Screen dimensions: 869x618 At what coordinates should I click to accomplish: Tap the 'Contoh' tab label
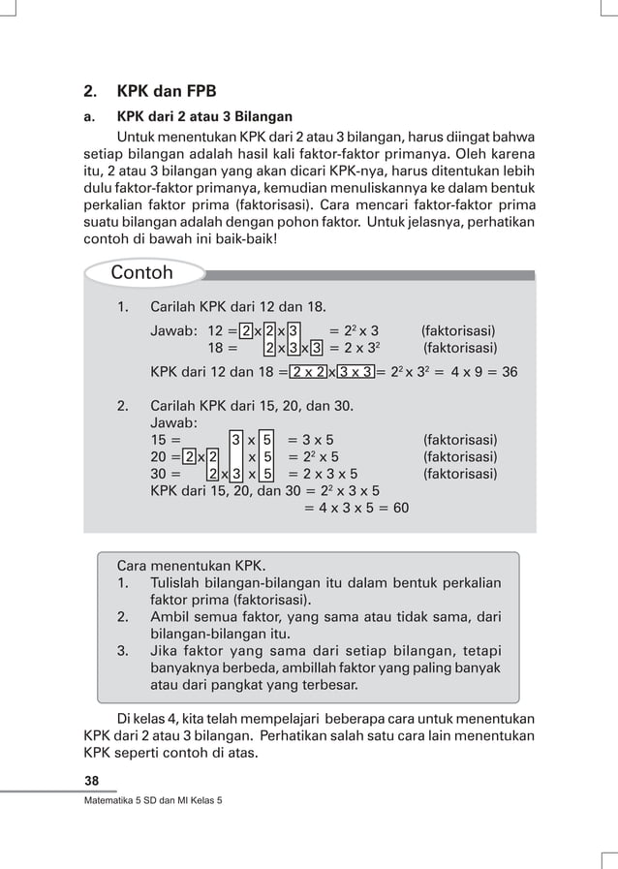pyautogui.click(x=141, y=272)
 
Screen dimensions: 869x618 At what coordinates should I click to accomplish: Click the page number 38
pyautogui.click(x=92, y=781)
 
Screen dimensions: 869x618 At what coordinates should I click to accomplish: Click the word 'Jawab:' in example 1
pyautogui.click(x=174, y=331)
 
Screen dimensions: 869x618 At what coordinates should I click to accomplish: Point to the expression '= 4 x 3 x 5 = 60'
pyautogui.click(x=355, y=508)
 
